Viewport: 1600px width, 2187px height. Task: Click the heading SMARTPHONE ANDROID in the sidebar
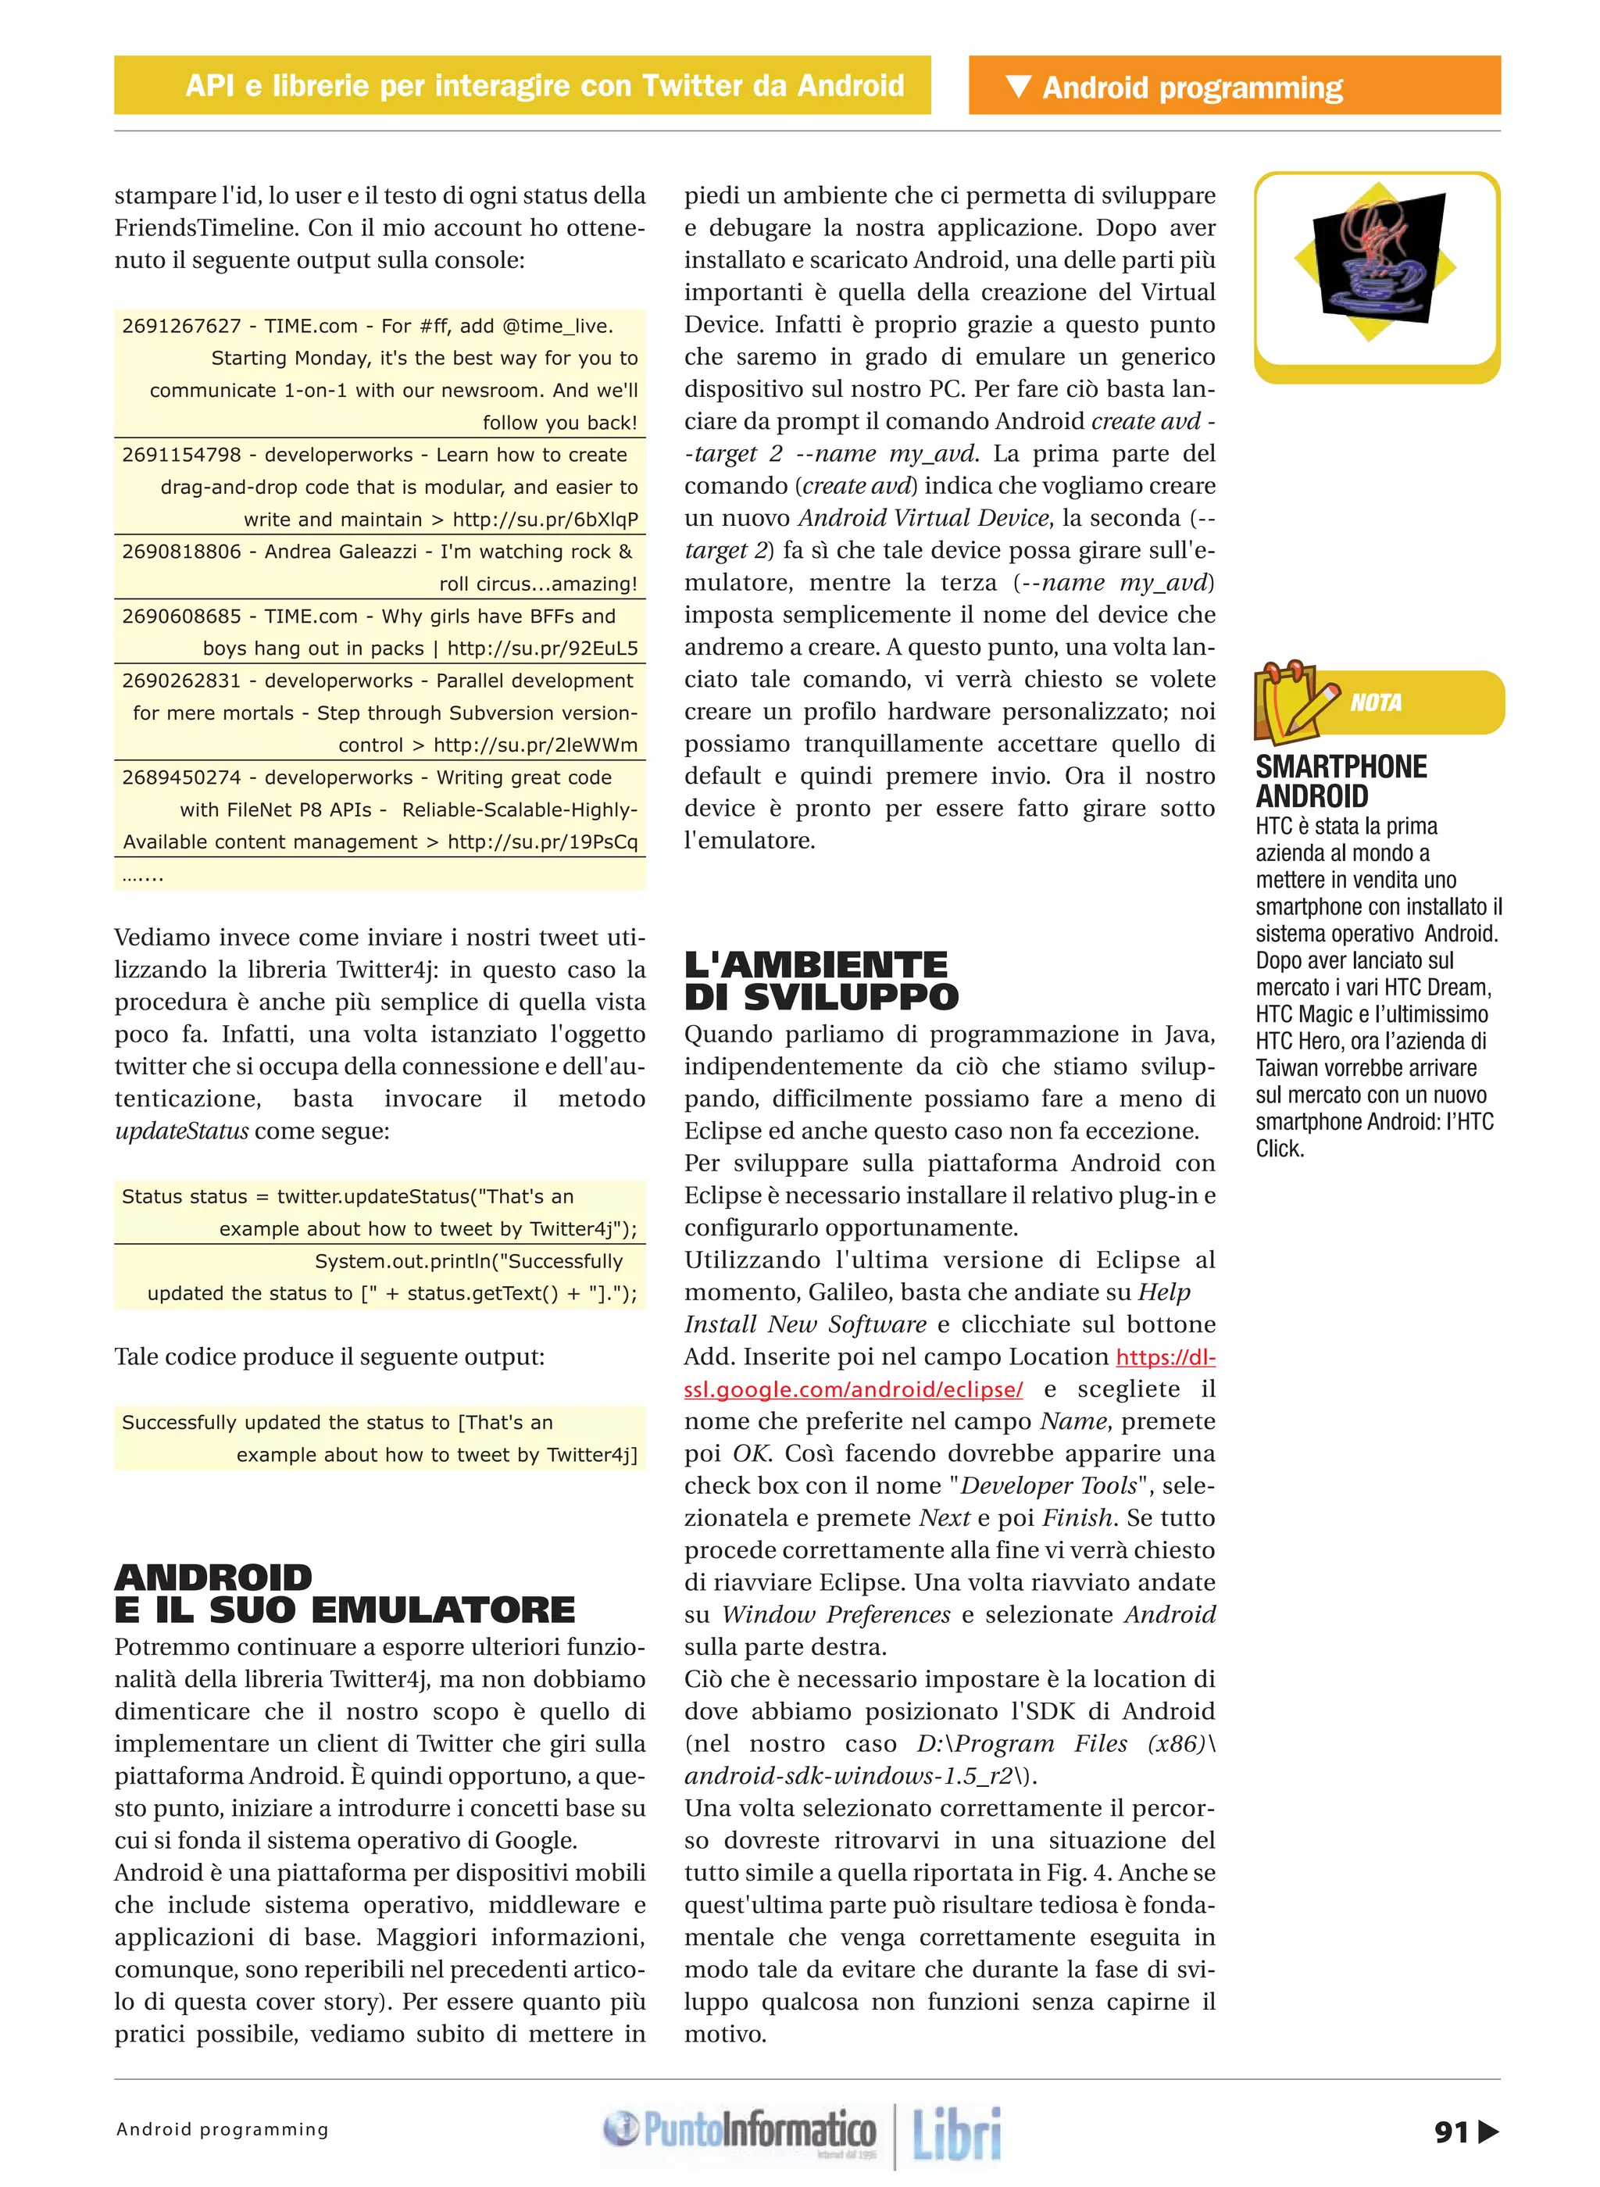(x=1341, y=781)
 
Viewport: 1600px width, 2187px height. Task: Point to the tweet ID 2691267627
(x=181, y=327)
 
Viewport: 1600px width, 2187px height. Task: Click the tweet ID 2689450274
(x=181, y=777)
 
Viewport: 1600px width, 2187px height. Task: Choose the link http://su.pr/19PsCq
(x=542, y=842)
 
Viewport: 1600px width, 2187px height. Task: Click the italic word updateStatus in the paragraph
(x=181, y=1131)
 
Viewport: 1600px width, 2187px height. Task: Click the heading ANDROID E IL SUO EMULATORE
(x=344, y=1593)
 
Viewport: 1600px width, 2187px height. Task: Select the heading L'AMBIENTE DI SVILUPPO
(x=820, y=980)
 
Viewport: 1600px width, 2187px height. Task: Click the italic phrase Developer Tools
(x=1047, y=1486)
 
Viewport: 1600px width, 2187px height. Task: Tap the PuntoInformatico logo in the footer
(x=741, y=2130)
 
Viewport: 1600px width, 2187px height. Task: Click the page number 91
(x=1450, y=2132)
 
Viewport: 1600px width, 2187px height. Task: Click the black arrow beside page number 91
(x=1488, y=2132)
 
